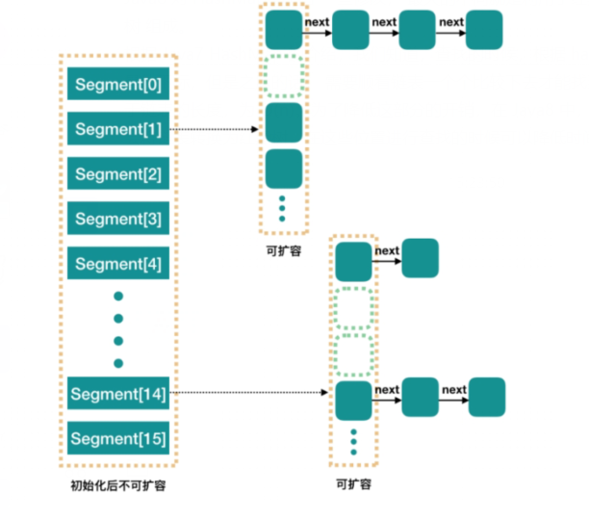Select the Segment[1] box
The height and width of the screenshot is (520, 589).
pyautogui.click(x=118, y=130)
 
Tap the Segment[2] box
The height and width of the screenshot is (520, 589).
pyautogui.click(x=118, y=174)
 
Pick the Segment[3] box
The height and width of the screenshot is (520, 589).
pyautogui.click(x=118, y=219)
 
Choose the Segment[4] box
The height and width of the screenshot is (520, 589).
pyautogui.click(x=118, y=263)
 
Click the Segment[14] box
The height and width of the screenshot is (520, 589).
pyautogui.click(x=118, y=393)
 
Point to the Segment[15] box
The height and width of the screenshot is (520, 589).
pyautogui.click(x=118, y=438)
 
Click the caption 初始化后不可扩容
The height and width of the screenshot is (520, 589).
pyautogui.click(x=118, y=485)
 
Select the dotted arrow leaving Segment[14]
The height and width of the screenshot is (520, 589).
pyautogui.click(x=250, y=393)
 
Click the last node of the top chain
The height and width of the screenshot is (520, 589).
pyautogui.click(x=484, y=30)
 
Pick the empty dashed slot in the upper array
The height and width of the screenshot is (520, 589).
pyautogui.click(x=284, y=78)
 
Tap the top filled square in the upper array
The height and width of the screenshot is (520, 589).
pyautogui.click(x=284, y=30)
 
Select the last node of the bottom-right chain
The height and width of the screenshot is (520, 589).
pyautogui.click(x=487, y=397)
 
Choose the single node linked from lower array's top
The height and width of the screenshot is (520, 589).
pyautogui.click(x=420, y=259)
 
